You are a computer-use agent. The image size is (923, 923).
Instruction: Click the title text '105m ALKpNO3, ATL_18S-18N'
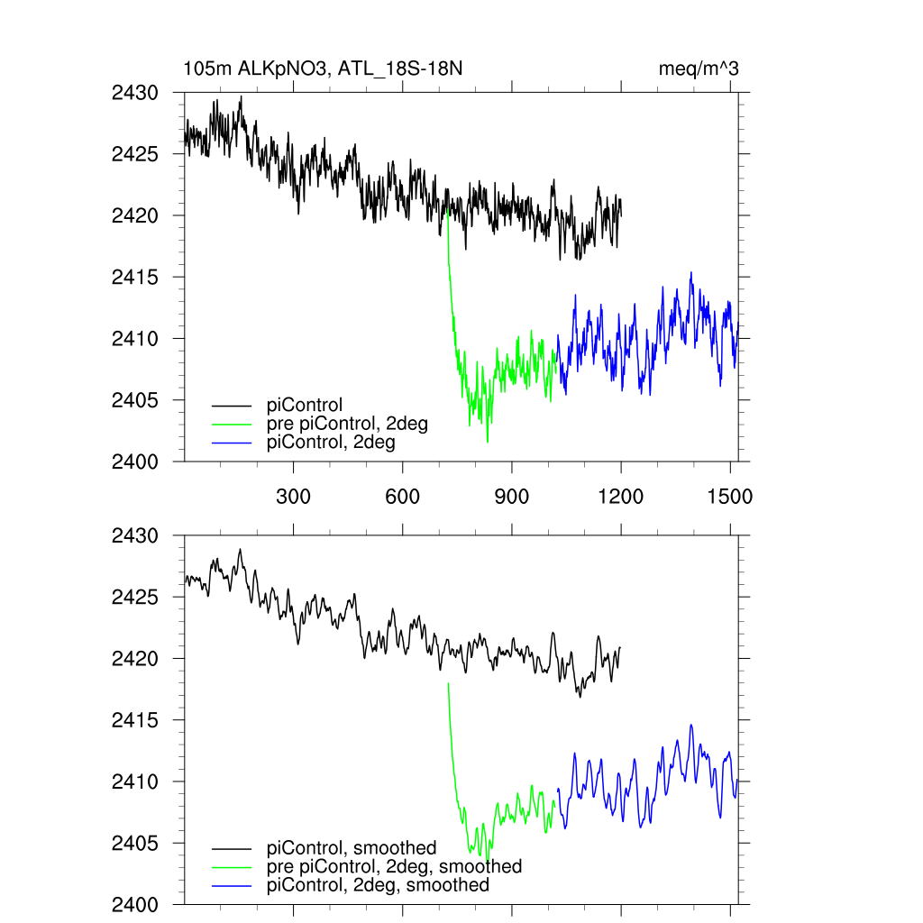coord(323,69)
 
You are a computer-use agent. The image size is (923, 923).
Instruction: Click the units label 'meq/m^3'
coord(699,69)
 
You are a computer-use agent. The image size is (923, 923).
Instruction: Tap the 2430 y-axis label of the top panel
coord(134,93)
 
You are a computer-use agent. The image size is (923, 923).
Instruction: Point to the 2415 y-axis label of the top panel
coord(134,277)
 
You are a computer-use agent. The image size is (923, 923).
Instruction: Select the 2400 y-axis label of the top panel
coord(134,461)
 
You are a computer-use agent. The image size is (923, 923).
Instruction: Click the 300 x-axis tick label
coord(294,497)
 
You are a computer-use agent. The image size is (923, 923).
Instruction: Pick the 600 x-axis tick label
coord(403,497)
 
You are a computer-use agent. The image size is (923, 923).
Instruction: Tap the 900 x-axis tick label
coord(512,497)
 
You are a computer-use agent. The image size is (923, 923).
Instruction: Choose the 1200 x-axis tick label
coord(621,497)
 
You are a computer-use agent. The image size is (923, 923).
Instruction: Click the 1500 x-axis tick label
coord(730,497)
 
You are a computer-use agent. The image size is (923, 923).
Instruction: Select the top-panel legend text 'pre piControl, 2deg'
coord(347,424)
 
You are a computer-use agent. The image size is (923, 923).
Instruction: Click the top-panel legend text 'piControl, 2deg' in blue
coord(331,443)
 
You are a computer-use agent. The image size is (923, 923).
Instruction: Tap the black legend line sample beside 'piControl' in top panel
coord(232,406)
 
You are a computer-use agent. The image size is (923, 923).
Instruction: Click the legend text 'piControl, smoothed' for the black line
coord(352,848)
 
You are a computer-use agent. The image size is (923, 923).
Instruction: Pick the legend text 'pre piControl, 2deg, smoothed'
coord(394,866)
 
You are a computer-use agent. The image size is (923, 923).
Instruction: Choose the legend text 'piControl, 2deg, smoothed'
coord(378,885)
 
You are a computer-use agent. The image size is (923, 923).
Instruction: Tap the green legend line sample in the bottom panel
coord(232,866)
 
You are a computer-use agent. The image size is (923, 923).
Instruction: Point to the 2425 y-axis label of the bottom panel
coord(134,598)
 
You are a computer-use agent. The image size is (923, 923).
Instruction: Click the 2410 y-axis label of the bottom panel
coord(134,781)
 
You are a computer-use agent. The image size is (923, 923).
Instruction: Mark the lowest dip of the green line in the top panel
coord(488,442)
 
